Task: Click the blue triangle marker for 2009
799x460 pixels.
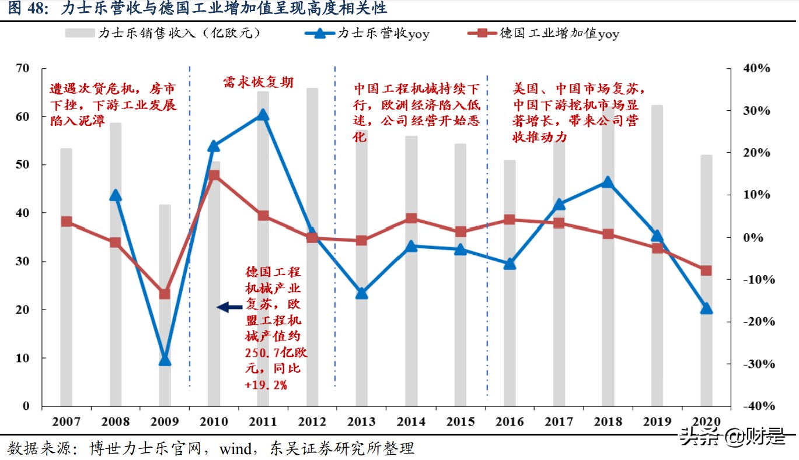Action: tap(165, 360)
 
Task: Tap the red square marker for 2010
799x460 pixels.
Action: tap(214, 174)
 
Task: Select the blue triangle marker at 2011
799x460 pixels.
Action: tap(263, 115)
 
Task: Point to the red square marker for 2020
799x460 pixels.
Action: tap(706, 271)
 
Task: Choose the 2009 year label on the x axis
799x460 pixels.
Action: tap(165, 421)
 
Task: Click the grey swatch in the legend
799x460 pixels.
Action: tap(80, 33)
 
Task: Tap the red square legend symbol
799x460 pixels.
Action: tap(483, 33)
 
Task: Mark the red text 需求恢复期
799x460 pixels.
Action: tap(258, 83)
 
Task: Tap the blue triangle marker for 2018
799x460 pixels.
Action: tap(608, 182)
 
